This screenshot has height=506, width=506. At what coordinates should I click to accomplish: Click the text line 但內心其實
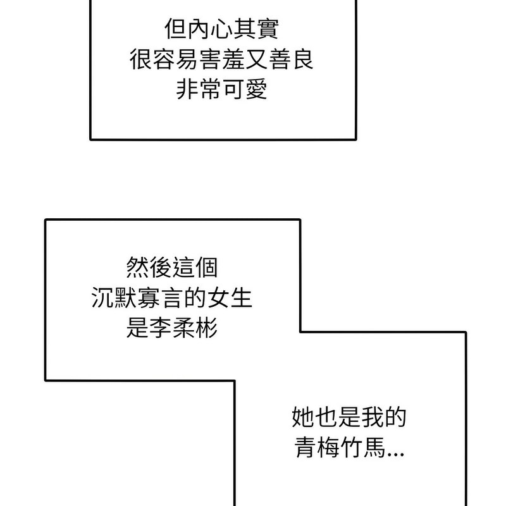pos(222,30)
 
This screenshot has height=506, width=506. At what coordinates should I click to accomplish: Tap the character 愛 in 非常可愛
pos(256,89)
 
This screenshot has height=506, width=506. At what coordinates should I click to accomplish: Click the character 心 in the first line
pos(222,30)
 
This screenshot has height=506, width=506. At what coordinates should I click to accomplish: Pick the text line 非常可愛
pos(222,89)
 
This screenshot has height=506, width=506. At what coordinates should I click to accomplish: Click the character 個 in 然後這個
pos(206,267)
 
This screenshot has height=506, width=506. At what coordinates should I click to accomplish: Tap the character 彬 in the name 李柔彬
pos(206,328)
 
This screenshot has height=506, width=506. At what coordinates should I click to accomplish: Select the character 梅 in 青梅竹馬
pos(327,449)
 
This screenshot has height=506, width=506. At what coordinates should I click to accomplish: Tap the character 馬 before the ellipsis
pos(373,449)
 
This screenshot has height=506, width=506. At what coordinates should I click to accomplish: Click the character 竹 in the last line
pos(350,449)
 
